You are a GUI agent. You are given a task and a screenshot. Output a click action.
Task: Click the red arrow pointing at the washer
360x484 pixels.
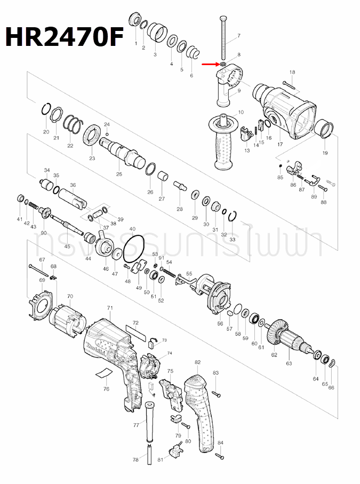pyautogui.click(x=210, y=65)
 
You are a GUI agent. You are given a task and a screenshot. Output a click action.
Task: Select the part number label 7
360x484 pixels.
pyautogui.click(x=238, y=36)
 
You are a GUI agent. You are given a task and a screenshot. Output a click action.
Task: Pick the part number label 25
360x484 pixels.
pyautogui.click(x=119, y=174)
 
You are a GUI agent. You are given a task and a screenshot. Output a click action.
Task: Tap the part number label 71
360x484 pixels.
pyautogui.click(x=110, y=308)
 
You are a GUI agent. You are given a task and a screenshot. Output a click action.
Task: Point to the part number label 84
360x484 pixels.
pyautogui.click(x=221, y=443)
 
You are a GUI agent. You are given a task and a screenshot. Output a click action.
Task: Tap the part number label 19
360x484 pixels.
pyautogui.click(x=325, y=153)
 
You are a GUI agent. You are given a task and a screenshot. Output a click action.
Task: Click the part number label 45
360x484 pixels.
pyautogui.click(x=67, y=247)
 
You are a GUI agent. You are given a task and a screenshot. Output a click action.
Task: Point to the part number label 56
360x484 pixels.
pyautogui.click(x=220, y=323)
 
